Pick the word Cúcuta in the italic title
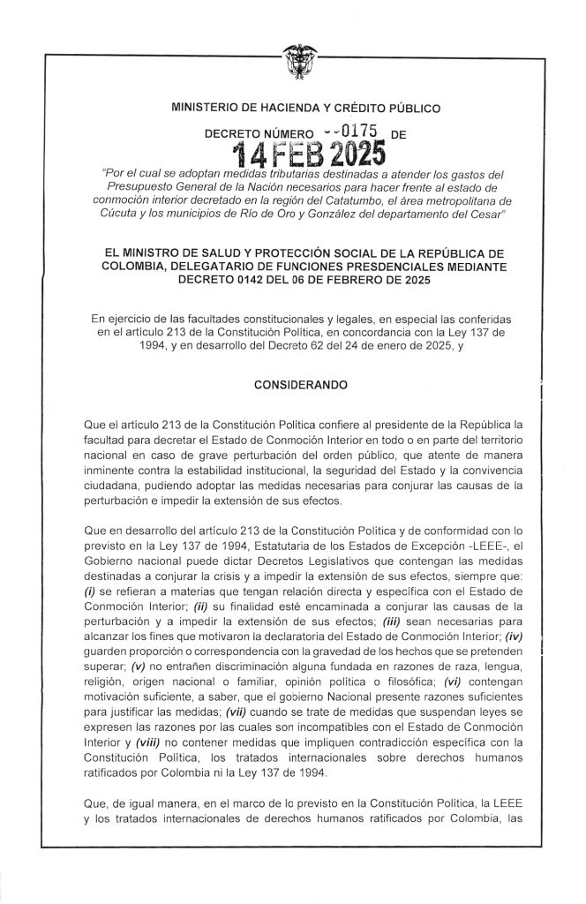point(179,215)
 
